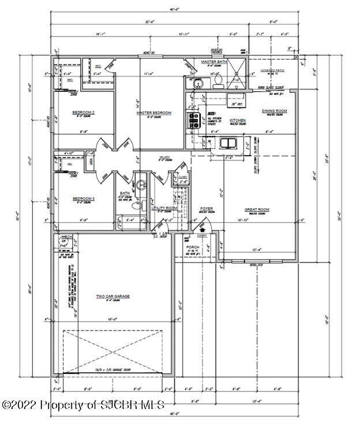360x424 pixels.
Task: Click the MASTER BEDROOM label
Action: click(153, 113)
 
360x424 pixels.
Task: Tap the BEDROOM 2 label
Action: click(84, 112)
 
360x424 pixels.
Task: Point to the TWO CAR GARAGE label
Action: click(113, 296)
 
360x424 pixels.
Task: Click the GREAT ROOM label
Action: click(256, 209)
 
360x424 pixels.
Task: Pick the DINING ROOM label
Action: click(274, 111)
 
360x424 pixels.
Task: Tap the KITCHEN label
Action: click(238, 120)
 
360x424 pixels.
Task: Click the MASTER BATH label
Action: click(212, 61)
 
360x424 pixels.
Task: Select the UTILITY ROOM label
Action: click(164, 208)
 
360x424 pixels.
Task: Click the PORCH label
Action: click(192, 247)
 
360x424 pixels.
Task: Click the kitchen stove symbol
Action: click(193, 120)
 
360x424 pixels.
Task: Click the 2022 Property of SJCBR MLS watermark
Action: click(83, 404)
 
